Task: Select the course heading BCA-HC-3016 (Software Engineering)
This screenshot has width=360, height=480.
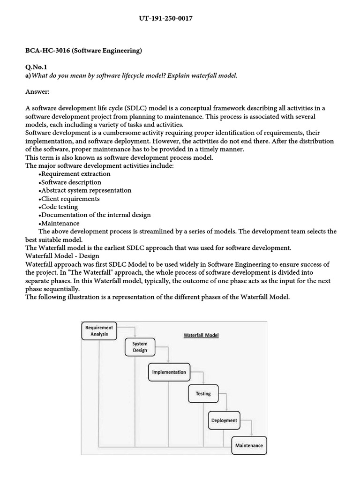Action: click(x=83, y=51)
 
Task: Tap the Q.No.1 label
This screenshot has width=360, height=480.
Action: click(x=37, y=67)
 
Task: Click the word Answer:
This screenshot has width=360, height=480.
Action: click(x=37, y=92)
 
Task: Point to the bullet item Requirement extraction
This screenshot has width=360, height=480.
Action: click(x=74, y=174)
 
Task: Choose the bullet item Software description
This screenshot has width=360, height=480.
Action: click(x=69, y=182)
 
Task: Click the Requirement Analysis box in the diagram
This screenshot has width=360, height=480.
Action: click(x=99, y=331)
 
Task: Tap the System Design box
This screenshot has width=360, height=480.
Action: click(x=140, y=347)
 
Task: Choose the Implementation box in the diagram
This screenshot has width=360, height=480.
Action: click(x=169, y=372)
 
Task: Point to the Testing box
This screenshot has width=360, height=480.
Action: click(x=203, y=394)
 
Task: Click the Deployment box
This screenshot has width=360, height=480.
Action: click(x=224, y=420)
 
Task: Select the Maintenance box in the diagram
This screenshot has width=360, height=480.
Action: click(x=249, y=445)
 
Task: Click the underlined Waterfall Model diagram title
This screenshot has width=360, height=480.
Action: click(x=201, y=335)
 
